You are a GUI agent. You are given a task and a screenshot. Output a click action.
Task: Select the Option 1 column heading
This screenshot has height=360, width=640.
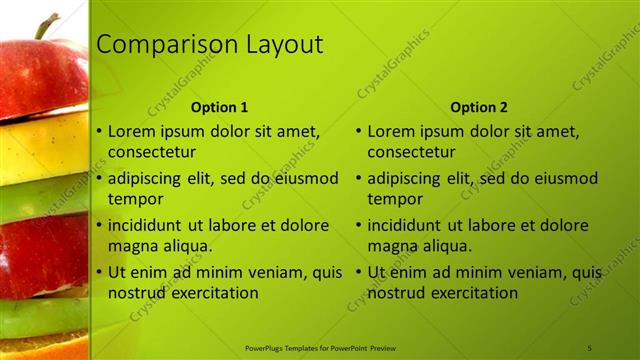click(x=219, y=107)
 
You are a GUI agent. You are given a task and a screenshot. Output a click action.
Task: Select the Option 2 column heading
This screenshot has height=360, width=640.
click(x=479, y=107)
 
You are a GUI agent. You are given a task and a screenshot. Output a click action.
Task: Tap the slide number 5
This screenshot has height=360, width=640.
click(x=590, y=347)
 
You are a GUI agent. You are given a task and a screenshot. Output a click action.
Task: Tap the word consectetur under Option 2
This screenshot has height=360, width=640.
click(x=412, y=152)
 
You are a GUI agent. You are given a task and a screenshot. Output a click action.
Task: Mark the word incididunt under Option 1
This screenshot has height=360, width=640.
click(x=150, y=225)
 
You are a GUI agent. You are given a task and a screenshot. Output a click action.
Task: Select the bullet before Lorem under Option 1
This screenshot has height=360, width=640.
click(x=99, y=131)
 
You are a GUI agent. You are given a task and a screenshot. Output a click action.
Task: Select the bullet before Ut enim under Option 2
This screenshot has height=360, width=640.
click(x=359, y=272)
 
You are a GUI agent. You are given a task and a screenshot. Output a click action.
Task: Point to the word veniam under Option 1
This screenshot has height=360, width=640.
click(x=263, y=272)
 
